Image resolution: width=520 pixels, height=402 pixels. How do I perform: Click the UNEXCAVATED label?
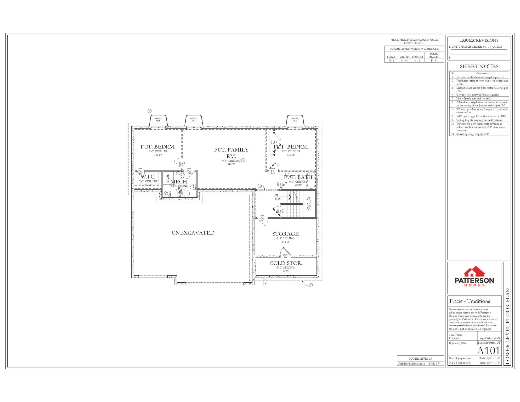click(x=193, y=233)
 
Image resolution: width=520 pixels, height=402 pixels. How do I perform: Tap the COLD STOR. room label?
click(x=286, y=263)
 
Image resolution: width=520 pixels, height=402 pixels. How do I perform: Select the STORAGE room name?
click(x=285, y=234)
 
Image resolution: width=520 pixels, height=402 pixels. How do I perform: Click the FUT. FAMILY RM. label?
click(x=231, y=153)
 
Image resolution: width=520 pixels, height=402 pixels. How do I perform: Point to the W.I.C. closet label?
click(x=148, y=177)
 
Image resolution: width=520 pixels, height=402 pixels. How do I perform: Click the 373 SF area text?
click(x=231, y=164)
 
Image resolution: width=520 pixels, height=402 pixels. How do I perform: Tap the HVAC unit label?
click(x=168, y=178)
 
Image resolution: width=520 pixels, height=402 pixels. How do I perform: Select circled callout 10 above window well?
click(x=150, y=111)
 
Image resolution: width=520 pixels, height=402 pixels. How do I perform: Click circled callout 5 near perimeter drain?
click(x=311, y=285)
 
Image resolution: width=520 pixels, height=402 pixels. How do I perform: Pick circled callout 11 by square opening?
click(x=259, y=186)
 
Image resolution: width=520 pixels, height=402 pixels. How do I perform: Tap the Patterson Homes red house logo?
click(x=474, y=272)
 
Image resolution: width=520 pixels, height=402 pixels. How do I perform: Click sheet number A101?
click(x=488, y=350)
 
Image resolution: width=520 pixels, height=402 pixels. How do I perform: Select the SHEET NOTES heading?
click(x=479, y=66)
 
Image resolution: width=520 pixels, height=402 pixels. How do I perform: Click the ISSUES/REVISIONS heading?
click(x=479, y=40)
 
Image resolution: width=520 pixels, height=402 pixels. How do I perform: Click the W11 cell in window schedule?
click(x=391, y=60)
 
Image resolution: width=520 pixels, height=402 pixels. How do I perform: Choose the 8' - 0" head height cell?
click(x=434, y=60)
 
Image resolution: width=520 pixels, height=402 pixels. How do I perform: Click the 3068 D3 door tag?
click(x=285, y=256)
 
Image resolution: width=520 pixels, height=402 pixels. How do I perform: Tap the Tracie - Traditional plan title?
click(x=470, y=301)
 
